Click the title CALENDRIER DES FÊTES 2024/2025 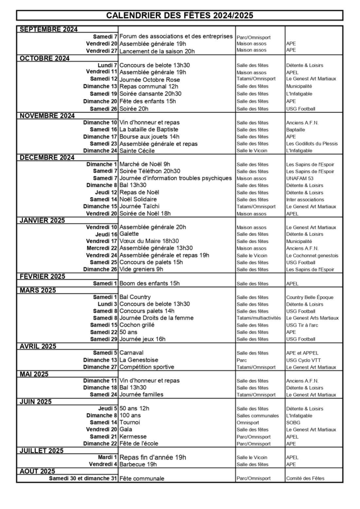(180, 15)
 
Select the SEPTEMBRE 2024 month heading (48, 29)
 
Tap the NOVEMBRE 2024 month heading (47, 115)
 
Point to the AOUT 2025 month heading (37, 471)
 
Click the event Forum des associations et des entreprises (176, 36)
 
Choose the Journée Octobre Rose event (150, 79)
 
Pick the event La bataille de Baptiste (149, 130)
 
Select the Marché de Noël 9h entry (145, 164)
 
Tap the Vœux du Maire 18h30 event (149, 241)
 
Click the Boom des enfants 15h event (149, 283)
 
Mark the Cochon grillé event (137, 325)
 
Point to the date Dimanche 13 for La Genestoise (100, 360)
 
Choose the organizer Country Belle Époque (310, 297)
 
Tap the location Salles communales (258, 416)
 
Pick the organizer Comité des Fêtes (305, 478)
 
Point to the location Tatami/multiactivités (259, 318)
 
